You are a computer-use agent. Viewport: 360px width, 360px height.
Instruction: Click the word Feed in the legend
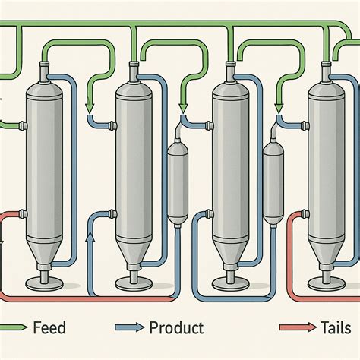[x=49, y=328]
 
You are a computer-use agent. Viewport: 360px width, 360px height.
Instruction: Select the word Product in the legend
[x=175, y=328]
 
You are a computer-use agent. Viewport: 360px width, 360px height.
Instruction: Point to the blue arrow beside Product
[x=129, y=329]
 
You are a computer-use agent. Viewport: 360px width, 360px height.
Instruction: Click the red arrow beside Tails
[x=296, y=329]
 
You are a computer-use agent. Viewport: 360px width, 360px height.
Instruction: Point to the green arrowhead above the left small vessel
[x=182, y=106]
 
